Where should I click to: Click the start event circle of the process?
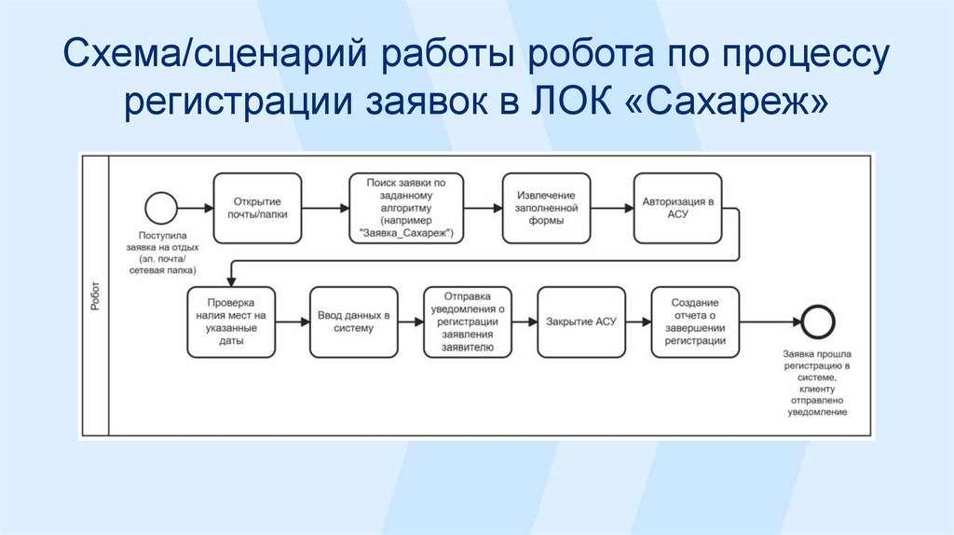tap(160, 206)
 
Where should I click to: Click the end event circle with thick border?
tap(819, 322)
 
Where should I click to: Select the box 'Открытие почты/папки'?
tap(256, 206)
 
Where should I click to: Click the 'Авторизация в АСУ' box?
tap(677, 206)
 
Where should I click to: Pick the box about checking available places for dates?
tap(232, 322)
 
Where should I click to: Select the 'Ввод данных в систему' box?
tap(353, 322)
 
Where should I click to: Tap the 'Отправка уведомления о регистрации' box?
tap(468, 322)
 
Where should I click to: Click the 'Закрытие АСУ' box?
tap(581, 322)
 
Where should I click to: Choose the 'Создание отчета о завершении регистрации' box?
tap(695, 322)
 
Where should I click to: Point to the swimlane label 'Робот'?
tap(96, 296)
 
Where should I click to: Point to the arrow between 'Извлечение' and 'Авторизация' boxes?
tap(609, 206)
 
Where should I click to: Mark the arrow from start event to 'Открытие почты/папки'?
tap(193, 206)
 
